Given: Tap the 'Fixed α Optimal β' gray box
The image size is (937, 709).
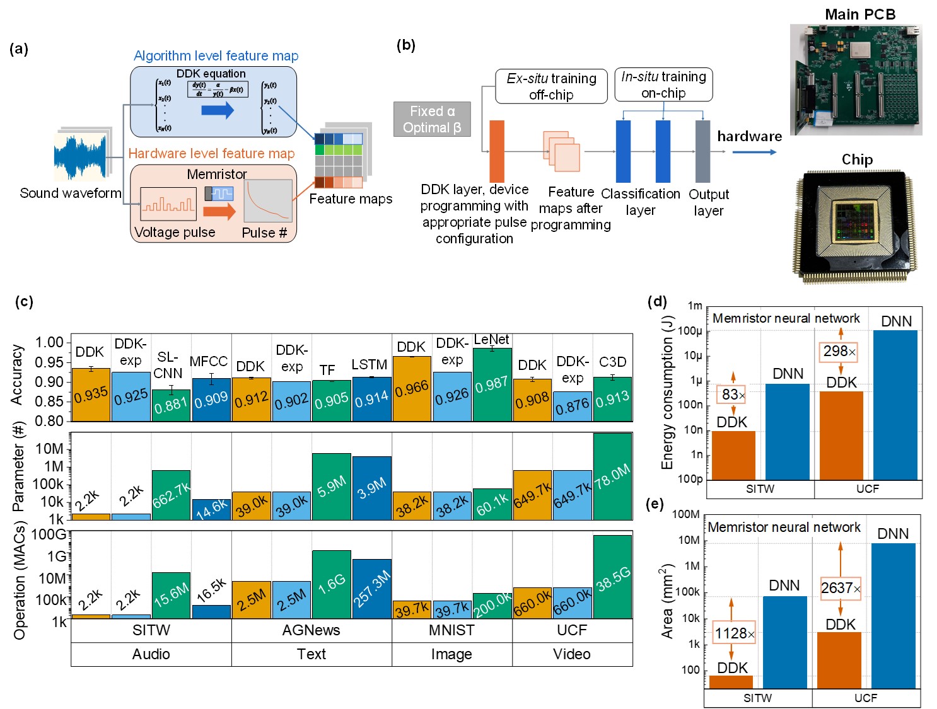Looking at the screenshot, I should (432, 119).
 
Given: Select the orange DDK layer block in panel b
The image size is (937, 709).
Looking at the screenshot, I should (497, 151).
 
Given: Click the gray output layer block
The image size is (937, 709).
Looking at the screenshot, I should (702, 151).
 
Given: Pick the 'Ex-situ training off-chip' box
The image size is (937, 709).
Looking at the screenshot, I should (551, 86).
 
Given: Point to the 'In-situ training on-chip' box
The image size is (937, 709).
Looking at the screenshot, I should (663, 84).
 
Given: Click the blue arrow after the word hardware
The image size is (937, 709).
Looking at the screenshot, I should (755, 152).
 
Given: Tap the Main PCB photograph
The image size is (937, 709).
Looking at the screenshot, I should (856, 79).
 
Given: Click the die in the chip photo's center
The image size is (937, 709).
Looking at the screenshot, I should (854, 222).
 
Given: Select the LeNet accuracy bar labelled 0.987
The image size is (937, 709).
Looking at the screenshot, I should (492, 384).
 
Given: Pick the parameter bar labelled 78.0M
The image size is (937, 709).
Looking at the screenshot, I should (612, 476).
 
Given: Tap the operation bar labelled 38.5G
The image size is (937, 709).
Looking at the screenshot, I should (612, 577).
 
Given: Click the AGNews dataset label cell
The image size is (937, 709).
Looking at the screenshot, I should (311, 630).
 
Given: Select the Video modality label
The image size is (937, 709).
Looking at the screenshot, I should (572, 654).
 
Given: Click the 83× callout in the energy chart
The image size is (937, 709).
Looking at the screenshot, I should (733, 395).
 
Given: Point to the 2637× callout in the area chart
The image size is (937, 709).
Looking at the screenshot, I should (841, 588).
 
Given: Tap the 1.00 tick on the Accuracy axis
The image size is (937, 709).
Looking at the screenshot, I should (50, 342).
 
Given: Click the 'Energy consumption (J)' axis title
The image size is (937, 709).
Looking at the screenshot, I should (667, 393).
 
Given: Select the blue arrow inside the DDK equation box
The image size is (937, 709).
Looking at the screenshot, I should (218, 111).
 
